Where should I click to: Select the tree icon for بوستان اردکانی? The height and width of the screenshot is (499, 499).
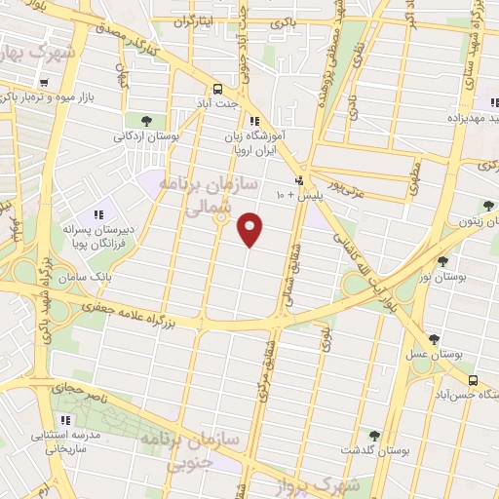click(x=145, y=121)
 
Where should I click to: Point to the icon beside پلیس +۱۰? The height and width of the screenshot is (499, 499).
click(x=300, y=180)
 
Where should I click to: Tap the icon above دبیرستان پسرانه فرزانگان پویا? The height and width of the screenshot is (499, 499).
click(x=97, y=214)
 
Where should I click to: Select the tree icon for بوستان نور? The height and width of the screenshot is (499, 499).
click(x=443, y=261)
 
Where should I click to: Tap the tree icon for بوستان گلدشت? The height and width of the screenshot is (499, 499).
click(x=374, y=435)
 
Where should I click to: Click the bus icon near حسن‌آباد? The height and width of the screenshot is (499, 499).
click(x=473, y=380)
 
